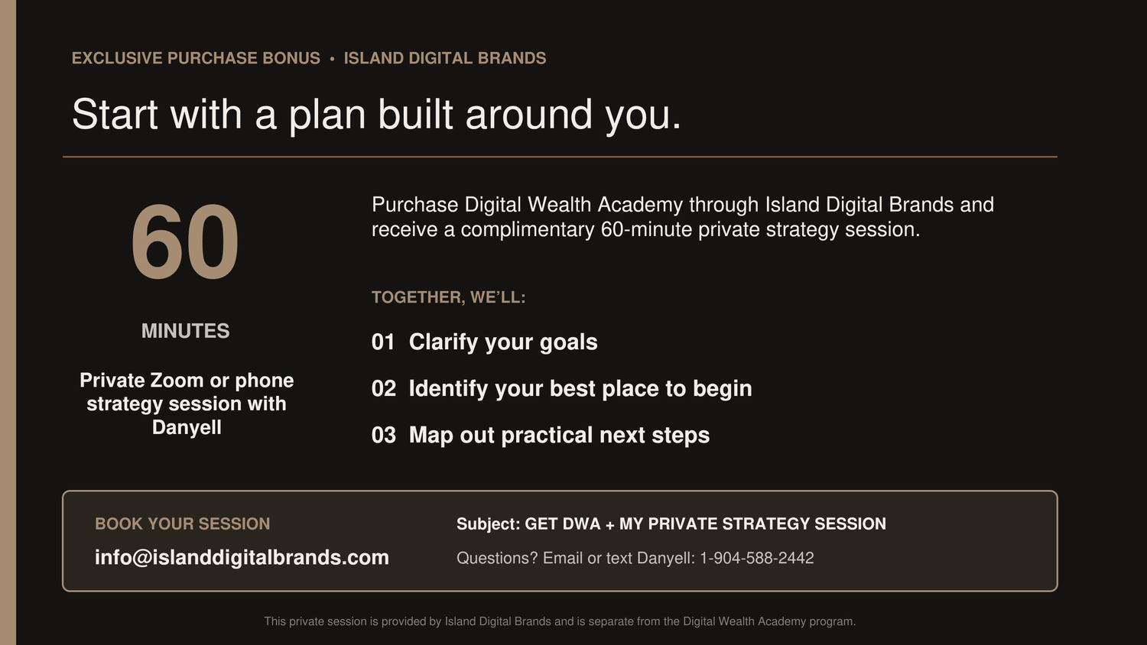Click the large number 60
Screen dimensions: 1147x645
click(185, 241)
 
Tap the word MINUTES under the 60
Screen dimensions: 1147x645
click(185, 331)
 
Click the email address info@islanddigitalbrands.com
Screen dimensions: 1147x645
click(242, 557)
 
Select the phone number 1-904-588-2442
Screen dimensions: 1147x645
click(757, 558)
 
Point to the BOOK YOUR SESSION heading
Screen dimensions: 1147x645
click(182, 523)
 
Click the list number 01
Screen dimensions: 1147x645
click(383, 342)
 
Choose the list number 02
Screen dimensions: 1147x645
click(384, 388)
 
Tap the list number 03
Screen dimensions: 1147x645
click(384, 435)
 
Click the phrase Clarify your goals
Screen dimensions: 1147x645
click(503, 342)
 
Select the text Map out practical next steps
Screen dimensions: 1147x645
click(559, 436)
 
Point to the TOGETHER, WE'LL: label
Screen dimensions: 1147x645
click(449, 297)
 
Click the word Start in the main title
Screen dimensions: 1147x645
click(115, 114)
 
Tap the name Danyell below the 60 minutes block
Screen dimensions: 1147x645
click(187, 427)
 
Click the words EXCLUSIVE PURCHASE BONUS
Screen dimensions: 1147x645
click(196, 58)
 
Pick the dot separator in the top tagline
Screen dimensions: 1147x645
click(332, 60)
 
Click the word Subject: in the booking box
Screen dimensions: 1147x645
click(488, 524)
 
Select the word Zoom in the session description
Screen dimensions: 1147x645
click(177, 381)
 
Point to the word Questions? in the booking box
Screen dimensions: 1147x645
click(497, 558)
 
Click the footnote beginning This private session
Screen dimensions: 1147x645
click(560, 621)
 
